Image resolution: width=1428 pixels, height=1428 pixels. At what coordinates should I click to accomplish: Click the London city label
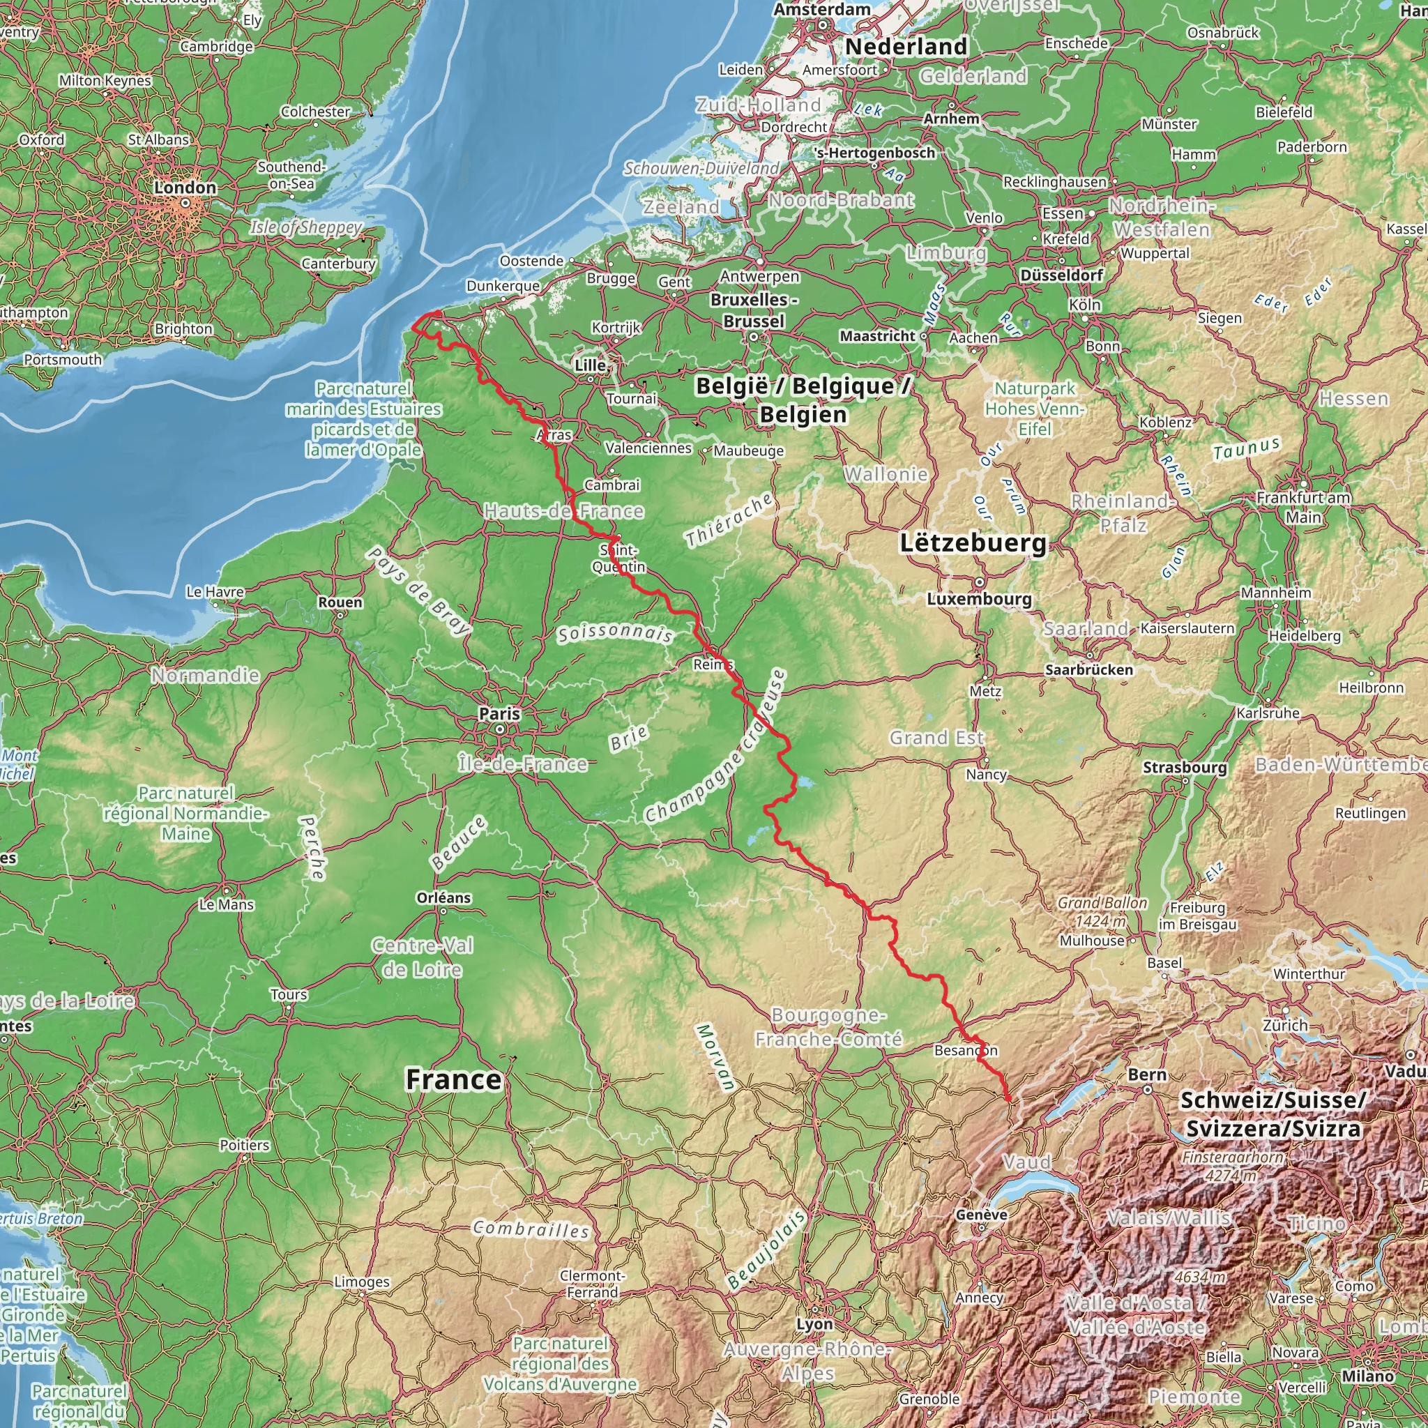[185, 188]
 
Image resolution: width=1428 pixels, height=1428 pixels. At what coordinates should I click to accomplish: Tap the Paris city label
[500, 714]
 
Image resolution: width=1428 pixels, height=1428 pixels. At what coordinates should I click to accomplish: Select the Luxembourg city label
[980, 599]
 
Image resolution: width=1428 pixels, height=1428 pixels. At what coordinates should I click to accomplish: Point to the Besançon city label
[965, 1050]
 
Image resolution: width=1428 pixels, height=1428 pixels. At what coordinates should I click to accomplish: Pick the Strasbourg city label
[1185, 767]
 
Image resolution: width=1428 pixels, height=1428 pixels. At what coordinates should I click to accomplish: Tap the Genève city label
[981, 1215]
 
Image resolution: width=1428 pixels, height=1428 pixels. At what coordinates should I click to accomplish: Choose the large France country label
[454, 1080]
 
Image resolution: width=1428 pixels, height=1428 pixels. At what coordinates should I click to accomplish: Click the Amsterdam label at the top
[822, 10]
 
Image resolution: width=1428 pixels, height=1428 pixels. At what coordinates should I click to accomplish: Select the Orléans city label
[443, 897]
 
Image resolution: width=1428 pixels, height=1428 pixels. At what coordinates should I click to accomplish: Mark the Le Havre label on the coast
[215, 591]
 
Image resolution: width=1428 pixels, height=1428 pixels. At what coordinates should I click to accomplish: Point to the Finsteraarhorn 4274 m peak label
[1233, 1166]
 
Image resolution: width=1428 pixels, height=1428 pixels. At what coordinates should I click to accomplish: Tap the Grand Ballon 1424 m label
[1102, 911]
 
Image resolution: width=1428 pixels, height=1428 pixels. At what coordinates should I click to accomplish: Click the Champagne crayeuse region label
[715, 747]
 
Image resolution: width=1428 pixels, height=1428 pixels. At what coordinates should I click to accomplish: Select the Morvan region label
[715, 1058]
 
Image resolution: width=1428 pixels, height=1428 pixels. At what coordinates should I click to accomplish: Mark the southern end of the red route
[1009, 1100]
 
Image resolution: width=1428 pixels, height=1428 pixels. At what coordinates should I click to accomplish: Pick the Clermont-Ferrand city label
[592, 1284]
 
